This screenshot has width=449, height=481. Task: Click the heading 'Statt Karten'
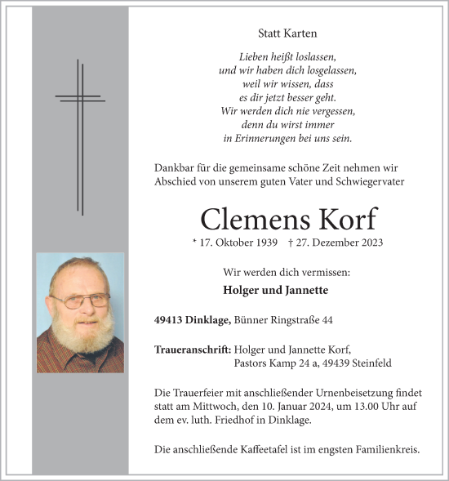click(287, 33)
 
